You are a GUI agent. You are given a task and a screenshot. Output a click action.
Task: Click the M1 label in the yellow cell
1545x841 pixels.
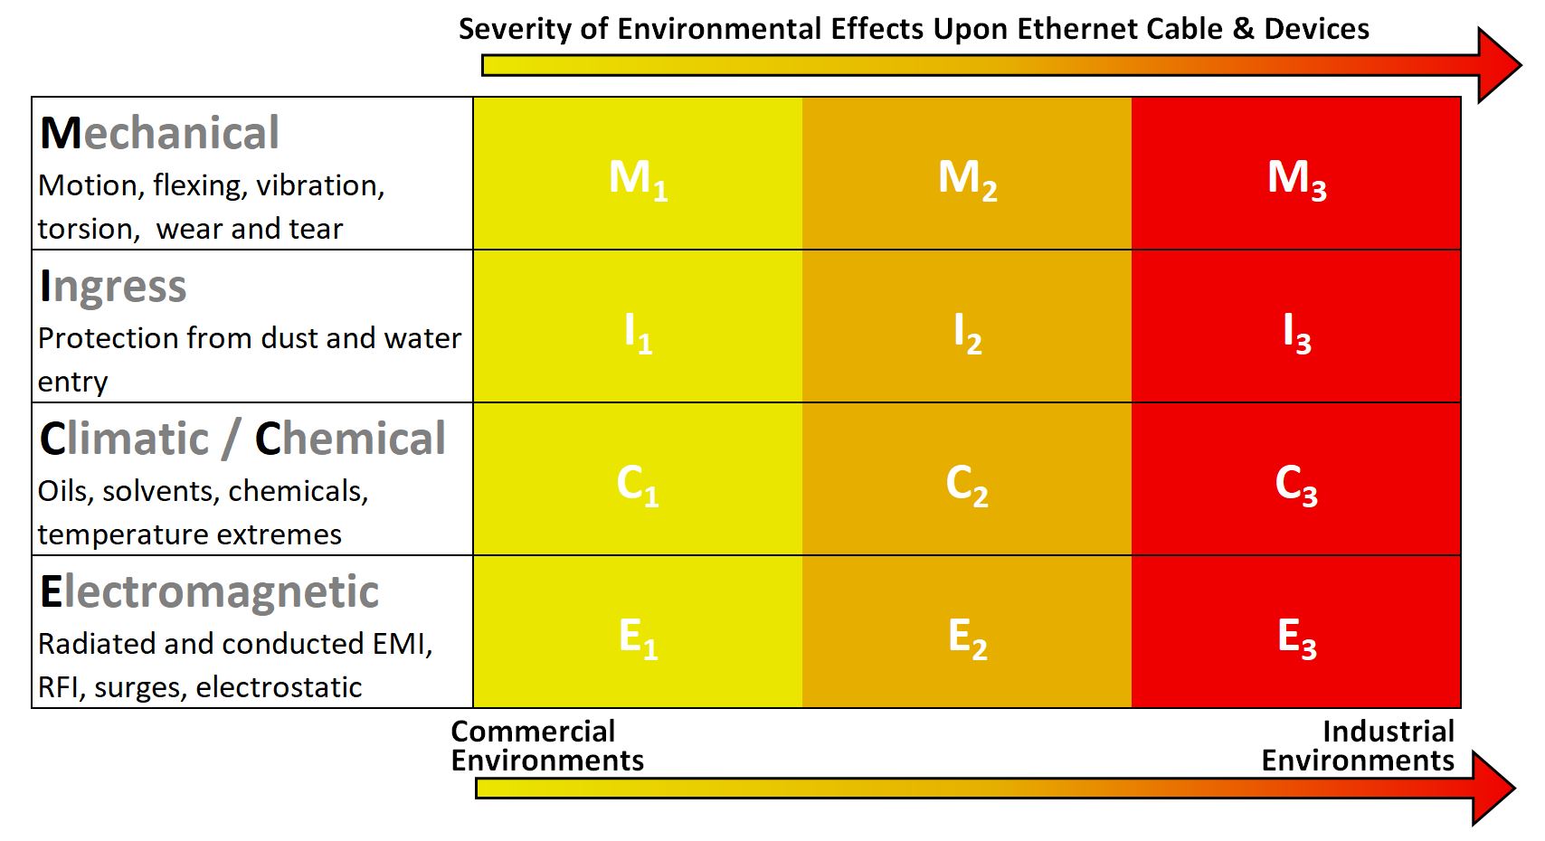click(638, 178)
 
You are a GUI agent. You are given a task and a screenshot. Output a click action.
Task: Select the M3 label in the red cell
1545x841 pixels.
click(1296, 178)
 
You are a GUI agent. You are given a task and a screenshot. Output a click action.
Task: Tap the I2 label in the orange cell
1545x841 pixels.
click(967, 332)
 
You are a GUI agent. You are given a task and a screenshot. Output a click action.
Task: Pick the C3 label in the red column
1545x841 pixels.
click(1296, 484)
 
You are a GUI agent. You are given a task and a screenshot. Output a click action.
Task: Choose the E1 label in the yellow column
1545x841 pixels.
click(638, 637)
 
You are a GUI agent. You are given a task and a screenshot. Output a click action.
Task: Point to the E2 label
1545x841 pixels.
click(967, 637)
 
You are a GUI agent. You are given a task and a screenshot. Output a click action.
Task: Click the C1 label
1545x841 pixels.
click(638, 484)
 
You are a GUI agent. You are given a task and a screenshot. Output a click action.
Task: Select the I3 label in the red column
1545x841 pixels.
click(1296, 332)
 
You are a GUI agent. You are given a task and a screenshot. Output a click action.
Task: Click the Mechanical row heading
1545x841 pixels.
click(160, 133)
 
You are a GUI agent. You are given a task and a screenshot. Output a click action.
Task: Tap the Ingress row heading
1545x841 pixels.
click(113, 287)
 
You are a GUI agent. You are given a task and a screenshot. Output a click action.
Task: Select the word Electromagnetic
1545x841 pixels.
click(209, 592)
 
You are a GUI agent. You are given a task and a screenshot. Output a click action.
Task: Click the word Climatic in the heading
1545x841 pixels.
click(124, 439)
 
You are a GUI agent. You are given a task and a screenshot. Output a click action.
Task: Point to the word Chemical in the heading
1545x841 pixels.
click(350, 439)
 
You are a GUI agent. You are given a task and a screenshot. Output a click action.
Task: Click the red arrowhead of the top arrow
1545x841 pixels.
click(1497, 65)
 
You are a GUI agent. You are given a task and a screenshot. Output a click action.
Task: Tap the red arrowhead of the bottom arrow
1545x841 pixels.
click(1491, 788)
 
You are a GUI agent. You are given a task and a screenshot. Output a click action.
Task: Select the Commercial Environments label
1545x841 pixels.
click(546, 745)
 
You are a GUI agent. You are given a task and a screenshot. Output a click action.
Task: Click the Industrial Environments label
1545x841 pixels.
click(1359, 745)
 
